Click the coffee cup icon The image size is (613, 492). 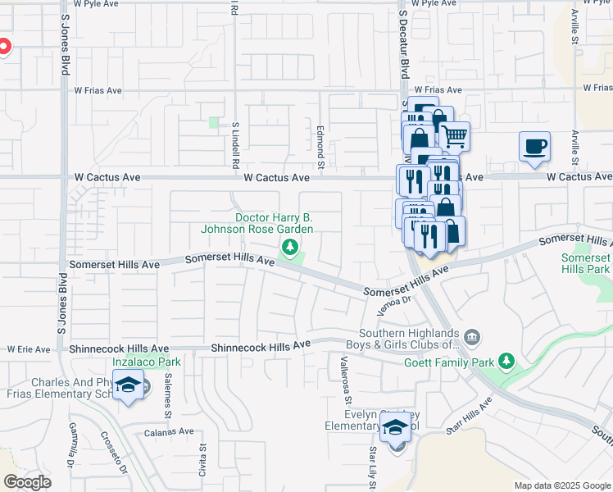point(534,148)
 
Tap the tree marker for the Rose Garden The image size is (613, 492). point(288,247)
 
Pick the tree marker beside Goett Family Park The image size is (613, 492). point(506,361)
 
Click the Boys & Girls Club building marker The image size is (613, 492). point(472,336)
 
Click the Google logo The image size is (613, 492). point(27,482)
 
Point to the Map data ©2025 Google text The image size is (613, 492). point(562,485)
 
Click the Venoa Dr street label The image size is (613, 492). point(391,304)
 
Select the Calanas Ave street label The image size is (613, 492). point(169,431)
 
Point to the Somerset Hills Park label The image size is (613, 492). point(585,262)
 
